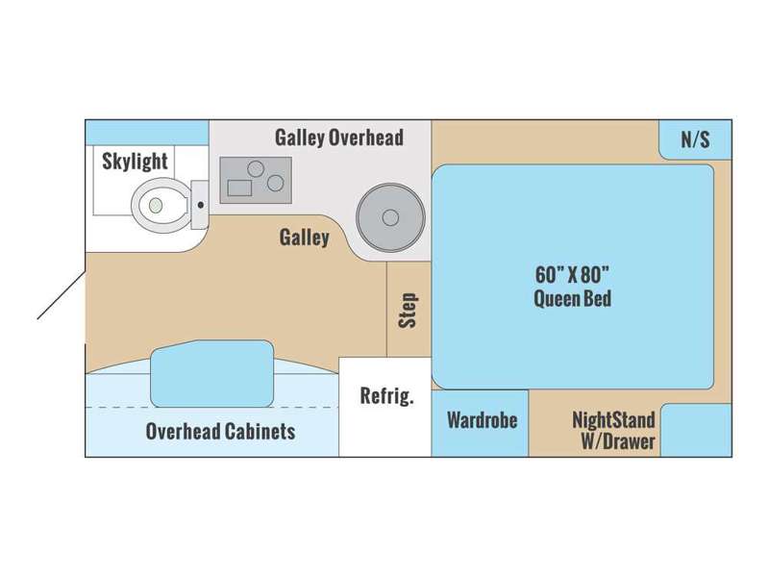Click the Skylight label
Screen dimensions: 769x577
[135, 162]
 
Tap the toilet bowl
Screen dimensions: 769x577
[160, 205]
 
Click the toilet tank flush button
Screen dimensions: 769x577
[201, 205]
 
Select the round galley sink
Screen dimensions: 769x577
[390, 217]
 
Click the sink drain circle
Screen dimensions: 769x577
[390, 217]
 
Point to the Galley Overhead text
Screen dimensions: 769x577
[339, 138]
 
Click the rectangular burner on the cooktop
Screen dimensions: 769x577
[239, 188]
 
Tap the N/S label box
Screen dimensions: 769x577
[695, 139]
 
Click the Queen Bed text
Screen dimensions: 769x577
[572, 298]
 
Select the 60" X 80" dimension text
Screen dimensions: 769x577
[572, 275]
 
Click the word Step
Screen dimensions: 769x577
[409, 310]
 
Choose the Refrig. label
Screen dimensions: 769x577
[387, 395]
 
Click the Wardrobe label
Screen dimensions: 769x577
[483, 420]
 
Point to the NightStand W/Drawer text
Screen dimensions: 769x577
[614, 430]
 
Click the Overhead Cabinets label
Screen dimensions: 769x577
[221, 431]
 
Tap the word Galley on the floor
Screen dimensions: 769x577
[304, 238]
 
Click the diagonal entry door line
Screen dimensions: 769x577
[62, 295]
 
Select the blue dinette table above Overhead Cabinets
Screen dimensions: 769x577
[211, 374]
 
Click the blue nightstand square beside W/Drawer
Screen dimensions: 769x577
[696, 430]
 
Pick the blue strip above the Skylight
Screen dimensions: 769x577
[147, 133]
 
